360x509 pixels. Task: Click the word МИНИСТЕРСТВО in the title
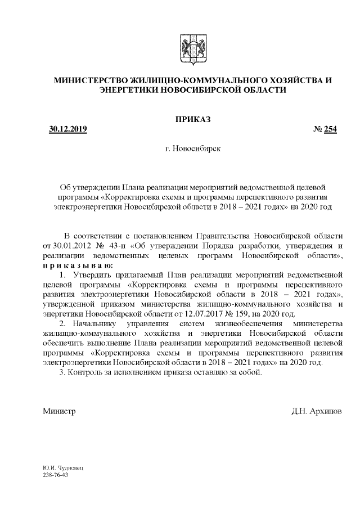[91, 80]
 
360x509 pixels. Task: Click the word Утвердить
[89, 275]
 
